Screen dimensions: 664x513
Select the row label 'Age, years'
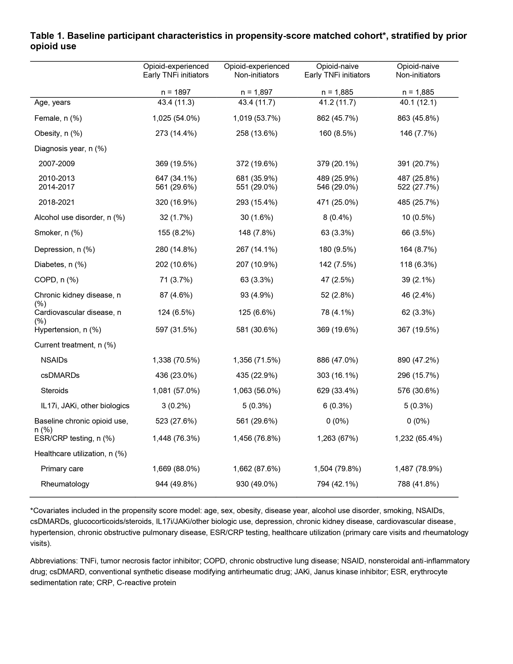click(x=52, y=102)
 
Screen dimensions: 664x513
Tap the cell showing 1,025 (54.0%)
click(x=176, y=118)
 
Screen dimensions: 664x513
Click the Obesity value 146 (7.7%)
click(x=418, y=133)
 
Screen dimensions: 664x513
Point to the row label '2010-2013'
click(x=57, y=178)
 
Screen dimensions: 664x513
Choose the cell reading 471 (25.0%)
click(x=337, y=202)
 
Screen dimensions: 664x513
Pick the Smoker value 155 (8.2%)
click(x=176, y=233)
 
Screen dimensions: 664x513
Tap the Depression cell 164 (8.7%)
click(x=418, y=250)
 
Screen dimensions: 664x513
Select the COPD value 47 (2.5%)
click(x=337, y=280)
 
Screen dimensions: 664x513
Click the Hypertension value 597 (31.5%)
click(x=176, y=330)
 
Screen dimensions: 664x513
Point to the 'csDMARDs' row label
click(x=60, y=375)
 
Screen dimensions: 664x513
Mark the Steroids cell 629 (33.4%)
click(x=337, y=391)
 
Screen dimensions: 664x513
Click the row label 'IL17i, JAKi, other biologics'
click(x=85, y=406)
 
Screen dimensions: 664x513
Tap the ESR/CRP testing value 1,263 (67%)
click(x=337, y=438)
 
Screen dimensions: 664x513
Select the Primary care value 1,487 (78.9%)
click(x=418, y=469)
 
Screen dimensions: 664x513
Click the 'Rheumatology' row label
click(x=65, y=484)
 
